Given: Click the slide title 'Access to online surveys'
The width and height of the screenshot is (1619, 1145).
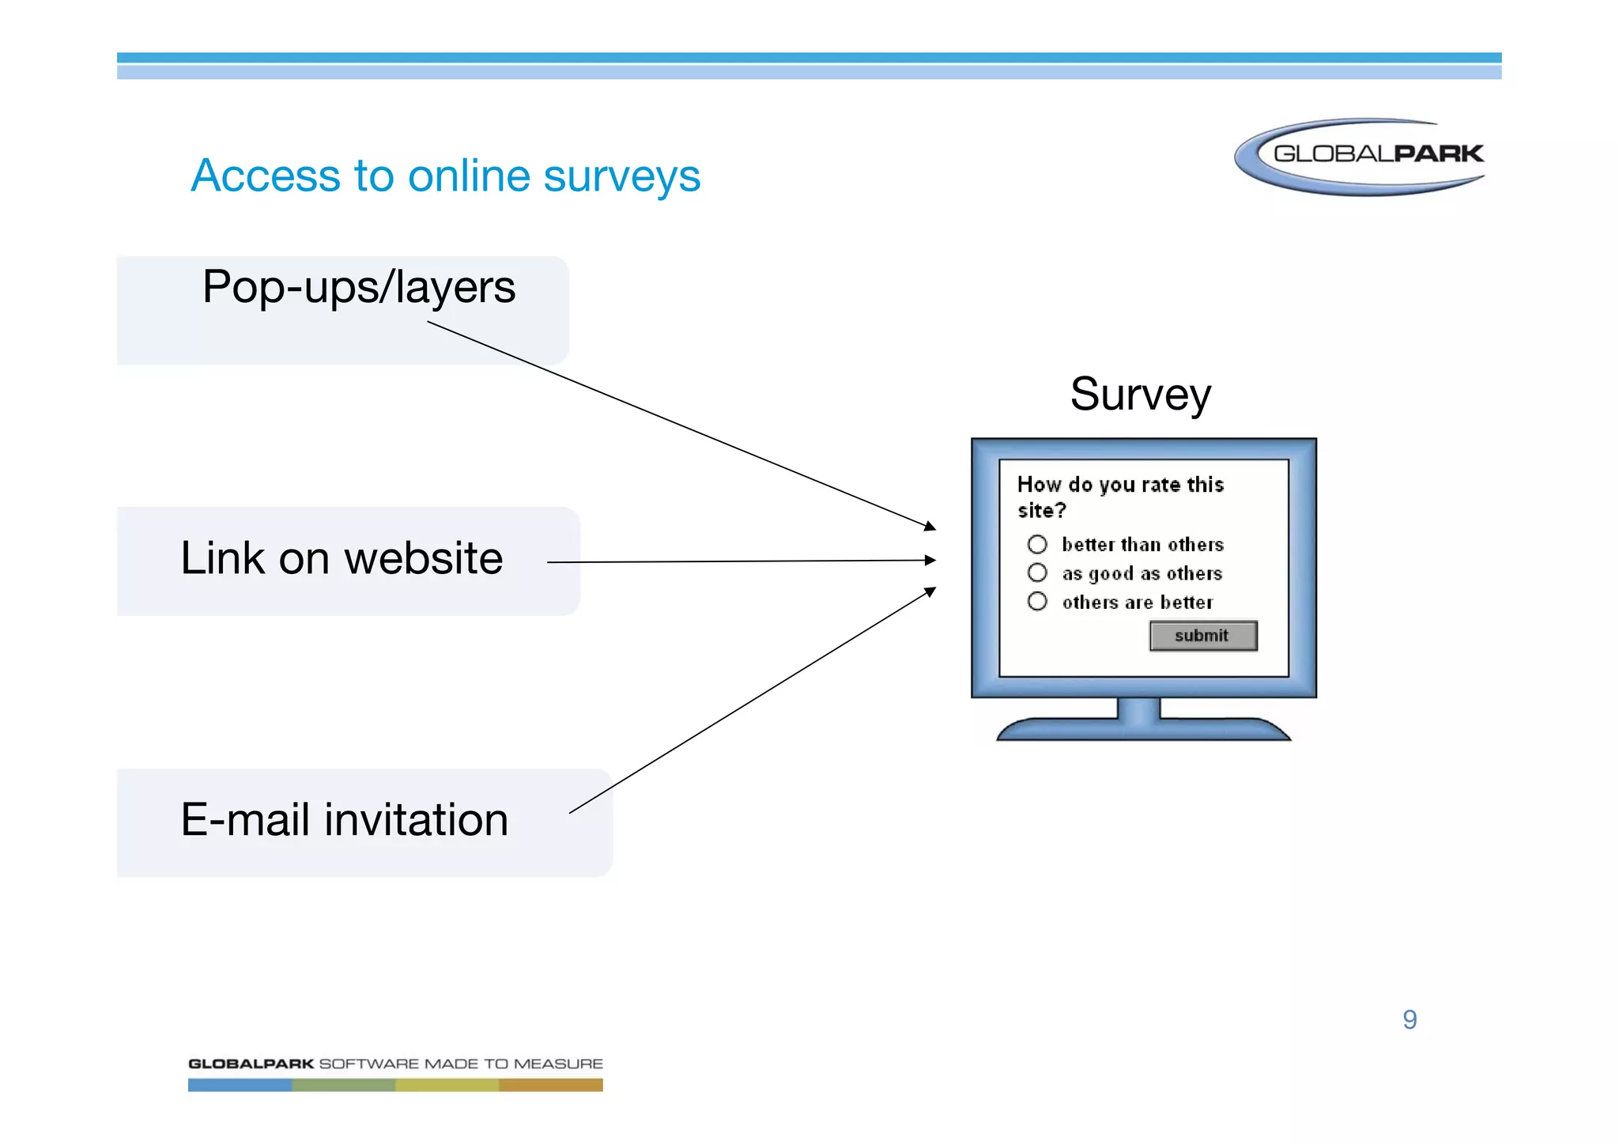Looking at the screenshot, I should (445, 176).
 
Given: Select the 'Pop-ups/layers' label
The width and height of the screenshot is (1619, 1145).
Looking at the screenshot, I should (358, 287).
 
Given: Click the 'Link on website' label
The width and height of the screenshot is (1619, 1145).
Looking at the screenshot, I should (342, 558).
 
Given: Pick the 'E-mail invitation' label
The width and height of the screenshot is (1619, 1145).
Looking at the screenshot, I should (344, 820).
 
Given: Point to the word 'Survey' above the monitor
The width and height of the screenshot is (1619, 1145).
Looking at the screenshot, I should (1140, 394).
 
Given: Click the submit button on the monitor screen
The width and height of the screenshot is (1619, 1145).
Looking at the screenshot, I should (1202, 636).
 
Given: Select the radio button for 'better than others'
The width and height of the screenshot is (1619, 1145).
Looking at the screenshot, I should (1037, 544).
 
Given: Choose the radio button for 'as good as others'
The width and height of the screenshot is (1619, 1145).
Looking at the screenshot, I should (1037, 572).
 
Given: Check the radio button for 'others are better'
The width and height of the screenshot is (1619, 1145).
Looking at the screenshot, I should (1037, 602).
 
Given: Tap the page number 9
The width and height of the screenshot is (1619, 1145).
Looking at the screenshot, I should (1410, 1020).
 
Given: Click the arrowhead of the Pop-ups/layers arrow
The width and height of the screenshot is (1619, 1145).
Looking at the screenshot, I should (930, 526).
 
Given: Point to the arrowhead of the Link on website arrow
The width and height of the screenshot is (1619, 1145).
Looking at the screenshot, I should (930, 560).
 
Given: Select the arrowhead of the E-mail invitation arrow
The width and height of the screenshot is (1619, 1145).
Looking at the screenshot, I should (930, 591).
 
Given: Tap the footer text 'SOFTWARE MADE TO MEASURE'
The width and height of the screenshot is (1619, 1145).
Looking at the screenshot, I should (460, 1064).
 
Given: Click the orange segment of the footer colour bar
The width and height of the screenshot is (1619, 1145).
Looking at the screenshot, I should (551, 1086).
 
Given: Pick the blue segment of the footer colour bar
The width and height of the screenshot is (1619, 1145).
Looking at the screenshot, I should (240, 1086).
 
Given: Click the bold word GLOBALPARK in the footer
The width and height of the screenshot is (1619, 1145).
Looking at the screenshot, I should (251, 1064).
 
